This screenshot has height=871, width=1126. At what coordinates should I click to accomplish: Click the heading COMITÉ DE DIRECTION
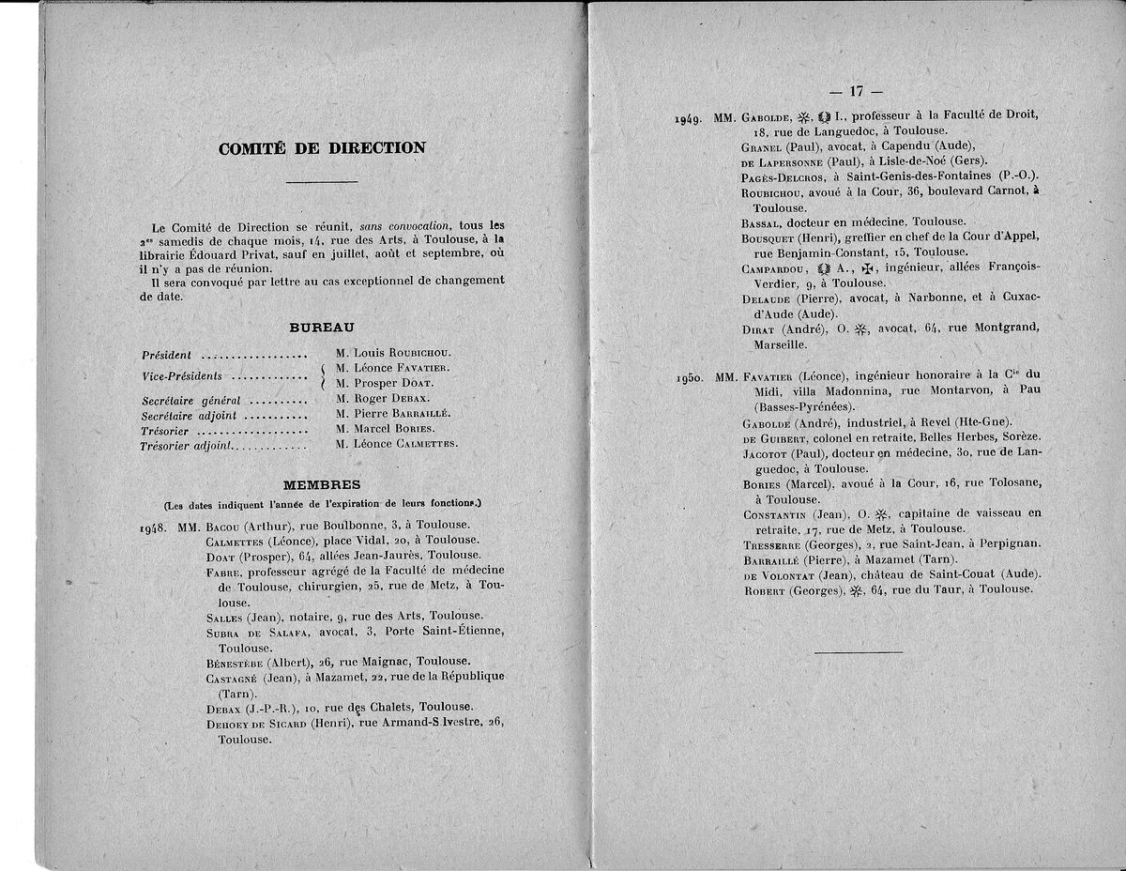321,148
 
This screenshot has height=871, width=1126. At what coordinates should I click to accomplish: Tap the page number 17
855,91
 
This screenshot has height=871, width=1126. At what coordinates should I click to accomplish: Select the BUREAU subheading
321,327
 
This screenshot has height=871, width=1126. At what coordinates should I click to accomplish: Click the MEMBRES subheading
322,484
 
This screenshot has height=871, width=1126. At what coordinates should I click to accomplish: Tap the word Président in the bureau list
166,356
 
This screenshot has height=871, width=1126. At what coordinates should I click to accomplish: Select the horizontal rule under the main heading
321,181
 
